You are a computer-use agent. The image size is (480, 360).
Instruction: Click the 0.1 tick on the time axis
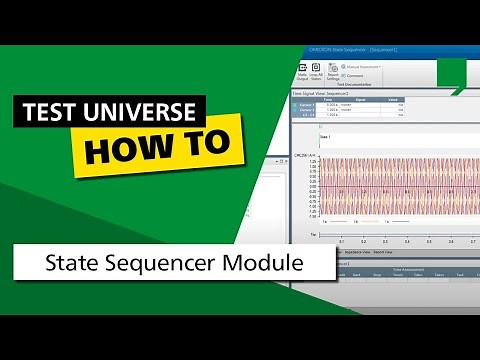point(341,241)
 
